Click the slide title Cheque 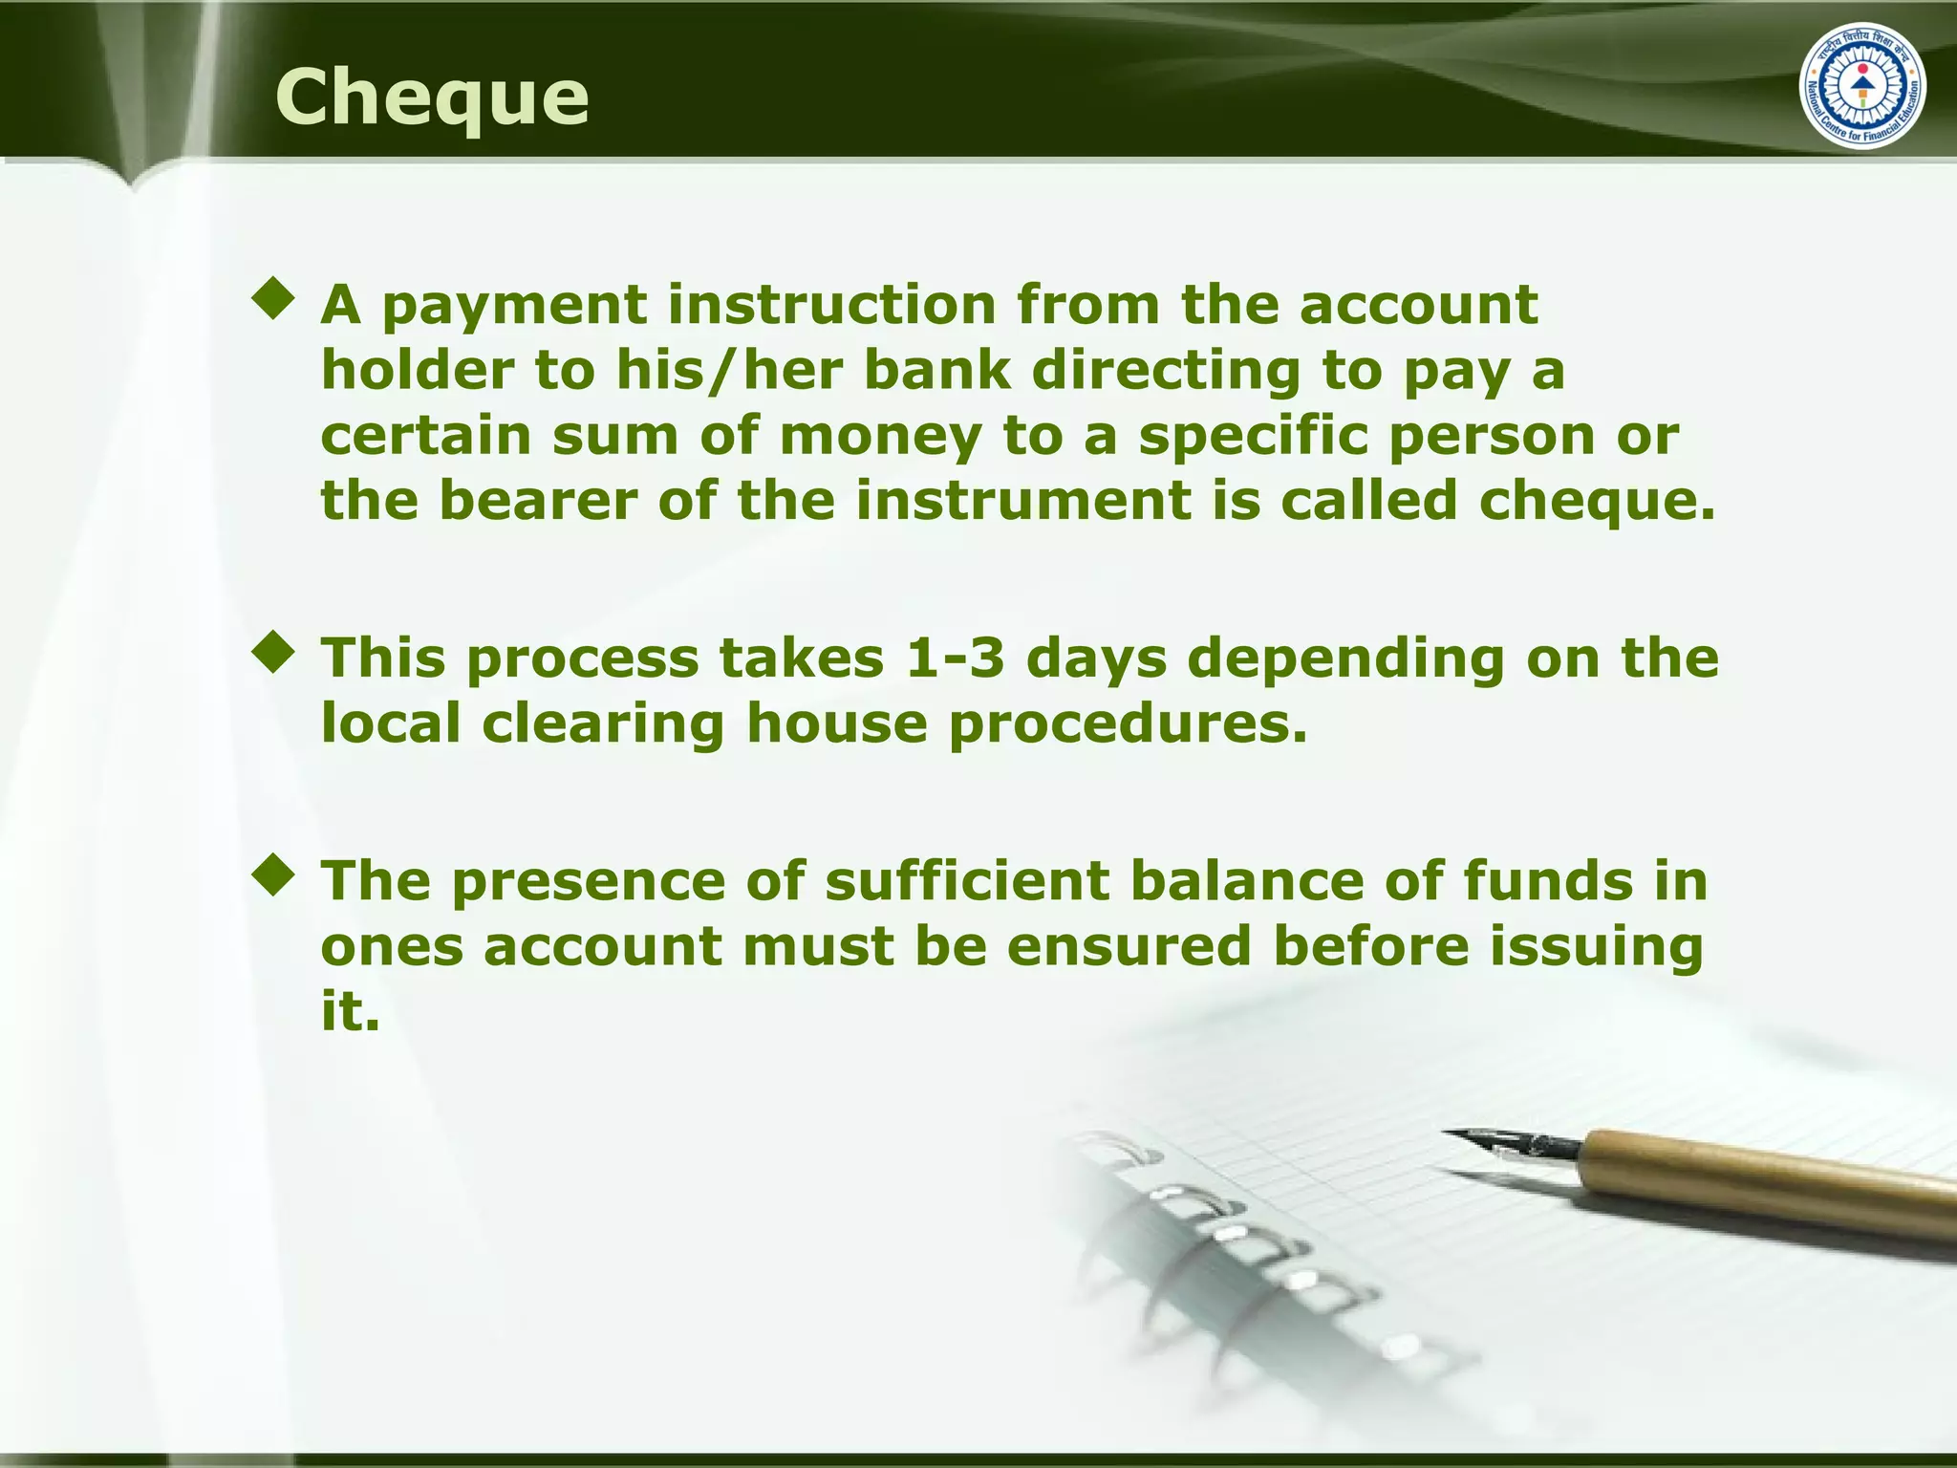pyautogui.click(x=432, y=98)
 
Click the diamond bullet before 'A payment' pyautogui.click(x=274, y=298)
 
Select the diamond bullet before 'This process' pyautogui.click(x=274, y=652)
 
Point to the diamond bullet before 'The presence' pyautogui.click(x=274, y=874)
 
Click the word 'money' pyautogui.click(x=880, y=437)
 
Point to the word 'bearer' pyautogui.click(x=538, y=501)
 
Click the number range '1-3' pyautogui.click(x=955, y=658)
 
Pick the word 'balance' pyautogui.click(x=1247, y=880)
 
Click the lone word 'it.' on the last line pyautogui.click(x=351, y=1011)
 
